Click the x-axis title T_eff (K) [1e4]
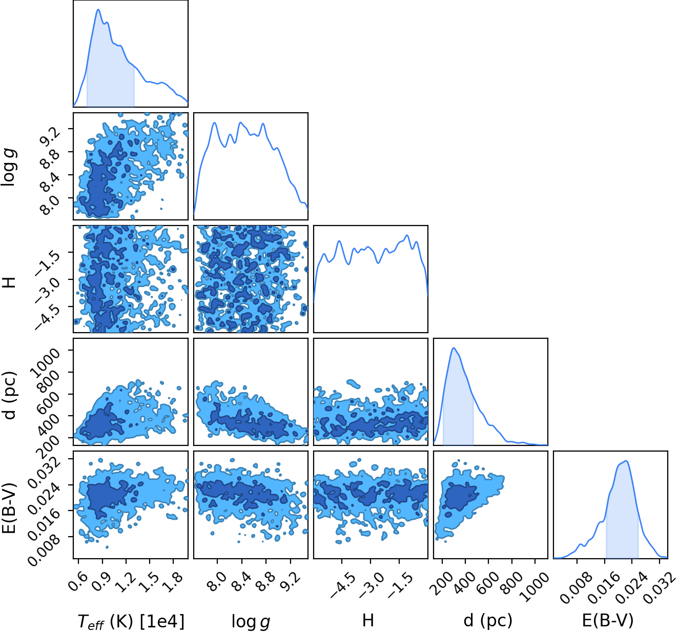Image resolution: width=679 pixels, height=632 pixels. click(131, 621)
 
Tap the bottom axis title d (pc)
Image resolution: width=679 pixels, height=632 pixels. click(488, 620)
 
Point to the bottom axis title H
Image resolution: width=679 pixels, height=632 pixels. click(368, 620)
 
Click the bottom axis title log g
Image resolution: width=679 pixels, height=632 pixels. click(251, 621)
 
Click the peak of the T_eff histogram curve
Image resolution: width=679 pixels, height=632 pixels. click(98, 9)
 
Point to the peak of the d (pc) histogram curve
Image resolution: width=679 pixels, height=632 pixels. click(454, 348)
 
